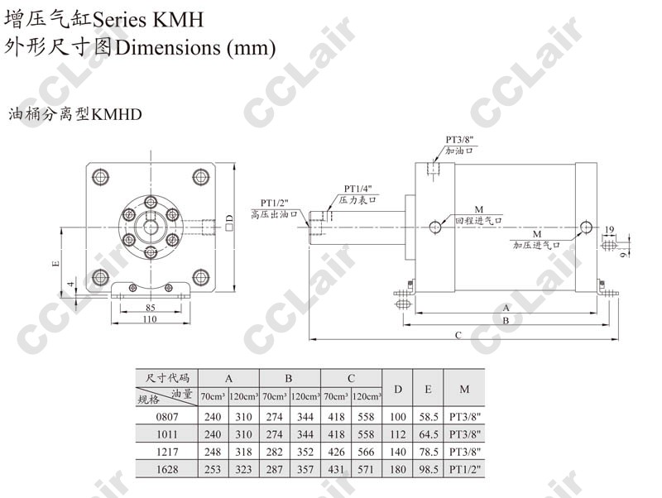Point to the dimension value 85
(151, 308)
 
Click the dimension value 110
(150, 319)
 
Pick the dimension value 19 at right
(609, 230)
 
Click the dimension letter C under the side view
(458, 335)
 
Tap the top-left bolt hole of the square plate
(100, 177)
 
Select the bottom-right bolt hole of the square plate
(201, 277)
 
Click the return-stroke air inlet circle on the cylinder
(435, 227)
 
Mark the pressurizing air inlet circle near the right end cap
(586, 227)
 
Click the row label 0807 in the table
(167, 417)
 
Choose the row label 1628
(167, 469)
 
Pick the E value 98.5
(429, 469)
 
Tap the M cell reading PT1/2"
(465, 469)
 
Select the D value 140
(398, 452)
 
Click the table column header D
(398, 389)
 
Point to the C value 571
(366, 469)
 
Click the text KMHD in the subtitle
(117, 114)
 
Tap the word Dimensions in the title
(168, 47)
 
